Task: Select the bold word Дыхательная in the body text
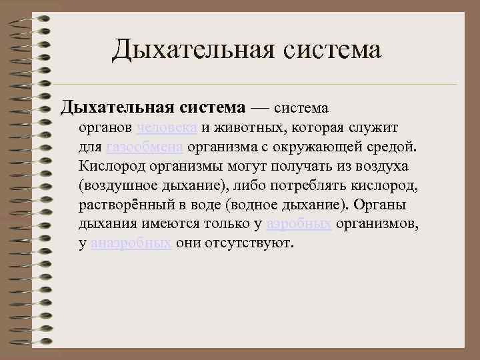(x=118, y=107)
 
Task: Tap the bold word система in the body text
(x=211, y=107)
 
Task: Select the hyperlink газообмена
(x=145, y=146)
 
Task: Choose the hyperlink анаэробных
(x=131, y=243)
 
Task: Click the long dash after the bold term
(x=259, y=107)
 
